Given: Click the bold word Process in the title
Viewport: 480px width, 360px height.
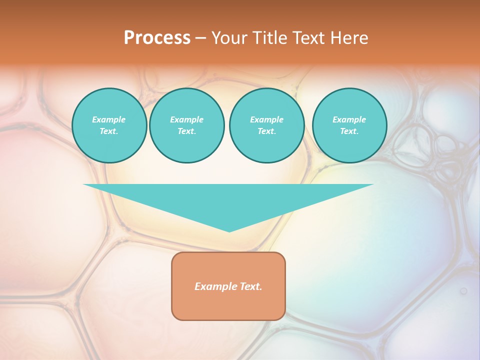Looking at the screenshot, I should pyautogui.click(x=157, y=38).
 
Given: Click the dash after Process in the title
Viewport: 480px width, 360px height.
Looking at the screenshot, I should pyautogui.click(x=201, y=38).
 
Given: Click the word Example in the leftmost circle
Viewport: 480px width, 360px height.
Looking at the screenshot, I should pyautogui.click(x=109, y=119).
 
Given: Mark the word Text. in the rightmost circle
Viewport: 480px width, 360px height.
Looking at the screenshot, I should pyautogui.click(x=349, y=131).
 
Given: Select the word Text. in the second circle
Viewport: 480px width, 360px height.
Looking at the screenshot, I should pyautogui.click(x=186, y=131).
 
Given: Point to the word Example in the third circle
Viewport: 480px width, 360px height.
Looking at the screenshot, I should pyautogui.click(x=266, y=119).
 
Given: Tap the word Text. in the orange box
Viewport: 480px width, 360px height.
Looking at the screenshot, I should pyautogui.click(x=252, y=286).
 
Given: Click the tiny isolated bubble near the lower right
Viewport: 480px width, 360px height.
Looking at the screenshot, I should pyautogui.click(x=463, y=290).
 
